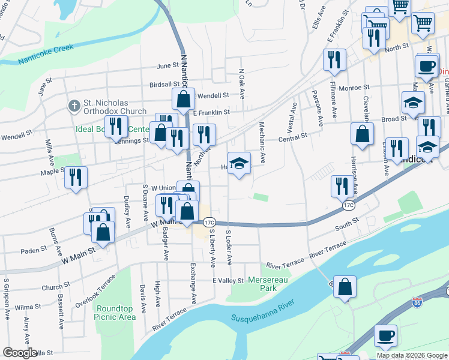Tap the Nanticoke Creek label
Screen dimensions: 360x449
[46, 54]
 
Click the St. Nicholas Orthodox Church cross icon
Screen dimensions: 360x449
[74, 106]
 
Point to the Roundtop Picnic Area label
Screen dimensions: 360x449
[115, 312]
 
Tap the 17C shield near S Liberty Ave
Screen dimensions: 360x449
[208, 223]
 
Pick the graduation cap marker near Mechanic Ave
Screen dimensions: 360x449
[239, 164]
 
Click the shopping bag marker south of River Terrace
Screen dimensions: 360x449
[345, 287]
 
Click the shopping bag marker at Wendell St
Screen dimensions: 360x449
[184, 100]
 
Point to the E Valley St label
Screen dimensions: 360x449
[228, 281]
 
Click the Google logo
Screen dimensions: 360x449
[20, 353]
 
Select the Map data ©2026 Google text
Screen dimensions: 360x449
[412, 355]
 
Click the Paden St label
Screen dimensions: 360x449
[34, 250]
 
